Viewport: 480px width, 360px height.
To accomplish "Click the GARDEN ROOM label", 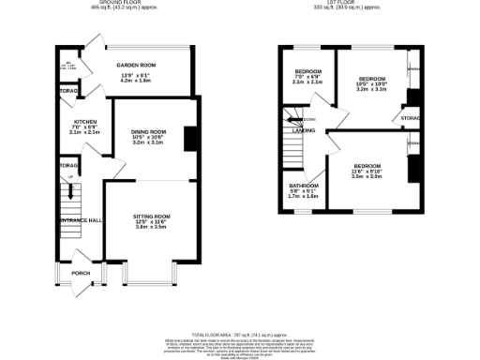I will (136, 65).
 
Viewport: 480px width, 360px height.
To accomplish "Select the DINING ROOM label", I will (148, 131).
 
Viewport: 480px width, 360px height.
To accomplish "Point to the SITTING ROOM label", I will (152, 215).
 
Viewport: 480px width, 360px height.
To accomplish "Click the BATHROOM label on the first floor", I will (303, 186).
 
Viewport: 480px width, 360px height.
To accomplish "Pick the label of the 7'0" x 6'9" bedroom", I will (307, 72).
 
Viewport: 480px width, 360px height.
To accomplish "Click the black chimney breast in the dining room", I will (190, 138).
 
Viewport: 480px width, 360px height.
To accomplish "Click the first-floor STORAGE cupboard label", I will (410, 119).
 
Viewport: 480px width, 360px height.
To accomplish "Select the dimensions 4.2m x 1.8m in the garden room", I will (136, 82).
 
